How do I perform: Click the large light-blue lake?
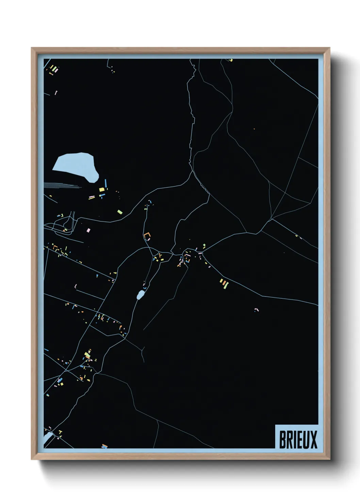pos(76,166)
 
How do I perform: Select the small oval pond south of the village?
pos(140,295)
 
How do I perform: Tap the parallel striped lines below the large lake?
pos(61,185)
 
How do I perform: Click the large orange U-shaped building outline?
pos(147,236)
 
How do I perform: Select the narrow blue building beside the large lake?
pos(106,183)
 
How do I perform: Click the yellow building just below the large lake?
pos(101,189)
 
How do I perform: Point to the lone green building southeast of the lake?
pos(120,212)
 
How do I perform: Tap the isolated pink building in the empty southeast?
pos(257,310)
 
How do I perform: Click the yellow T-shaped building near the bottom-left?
pos(61,432)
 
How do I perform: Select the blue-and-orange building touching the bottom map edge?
pos(104,446)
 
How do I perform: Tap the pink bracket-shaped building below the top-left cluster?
pos(56,92)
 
